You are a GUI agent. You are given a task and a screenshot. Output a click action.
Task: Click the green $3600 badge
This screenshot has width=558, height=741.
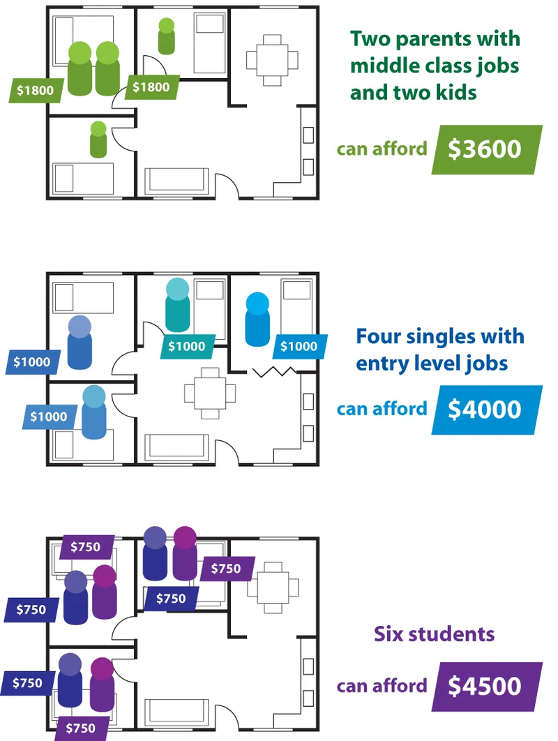(487, 149)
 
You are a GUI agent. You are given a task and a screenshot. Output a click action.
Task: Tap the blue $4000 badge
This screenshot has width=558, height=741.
(487, 410)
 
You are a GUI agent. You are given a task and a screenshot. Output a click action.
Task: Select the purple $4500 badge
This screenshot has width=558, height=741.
(487, 687)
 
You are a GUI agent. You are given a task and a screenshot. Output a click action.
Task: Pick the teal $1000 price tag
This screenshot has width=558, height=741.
(187, 346)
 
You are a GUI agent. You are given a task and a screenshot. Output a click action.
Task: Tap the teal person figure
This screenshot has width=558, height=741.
(178, 305)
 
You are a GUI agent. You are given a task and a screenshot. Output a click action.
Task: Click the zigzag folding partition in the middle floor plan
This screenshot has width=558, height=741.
(275, 372)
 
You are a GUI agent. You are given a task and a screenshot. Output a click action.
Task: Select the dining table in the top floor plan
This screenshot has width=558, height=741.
(272, 60)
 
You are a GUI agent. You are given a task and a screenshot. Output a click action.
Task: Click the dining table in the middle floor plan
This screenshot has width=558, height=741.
(210, 394)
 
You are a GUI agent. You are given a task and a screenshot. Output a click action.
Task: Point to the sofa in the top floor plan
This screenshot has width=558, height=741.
(176, 181)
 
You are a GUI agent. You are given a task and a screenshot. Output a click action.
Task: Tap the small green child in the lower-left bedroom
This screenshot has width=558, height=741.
(98, 140)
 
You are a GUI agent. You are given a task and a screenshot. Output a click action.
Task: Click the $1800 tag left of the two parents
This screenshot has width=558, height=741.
(36, 90)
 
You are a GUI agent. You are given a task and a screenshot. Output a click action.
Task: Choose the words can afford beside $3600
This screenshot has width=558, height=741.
(382, 149)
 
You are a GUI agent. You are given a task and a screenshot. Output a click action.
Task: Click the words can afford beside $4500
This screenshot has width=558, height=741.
(382, 686)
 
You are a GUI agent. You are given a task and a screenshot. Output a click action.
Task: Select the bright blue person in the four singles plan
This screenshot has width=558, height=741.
(257, 320)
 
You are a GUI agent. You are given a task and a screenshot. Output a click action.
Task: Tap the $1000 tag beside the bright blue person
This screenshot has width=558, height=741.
(299, 346)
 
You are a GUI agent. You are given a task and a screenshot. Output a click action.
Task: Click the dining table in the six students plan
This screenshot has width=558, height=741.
(272, 588)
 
